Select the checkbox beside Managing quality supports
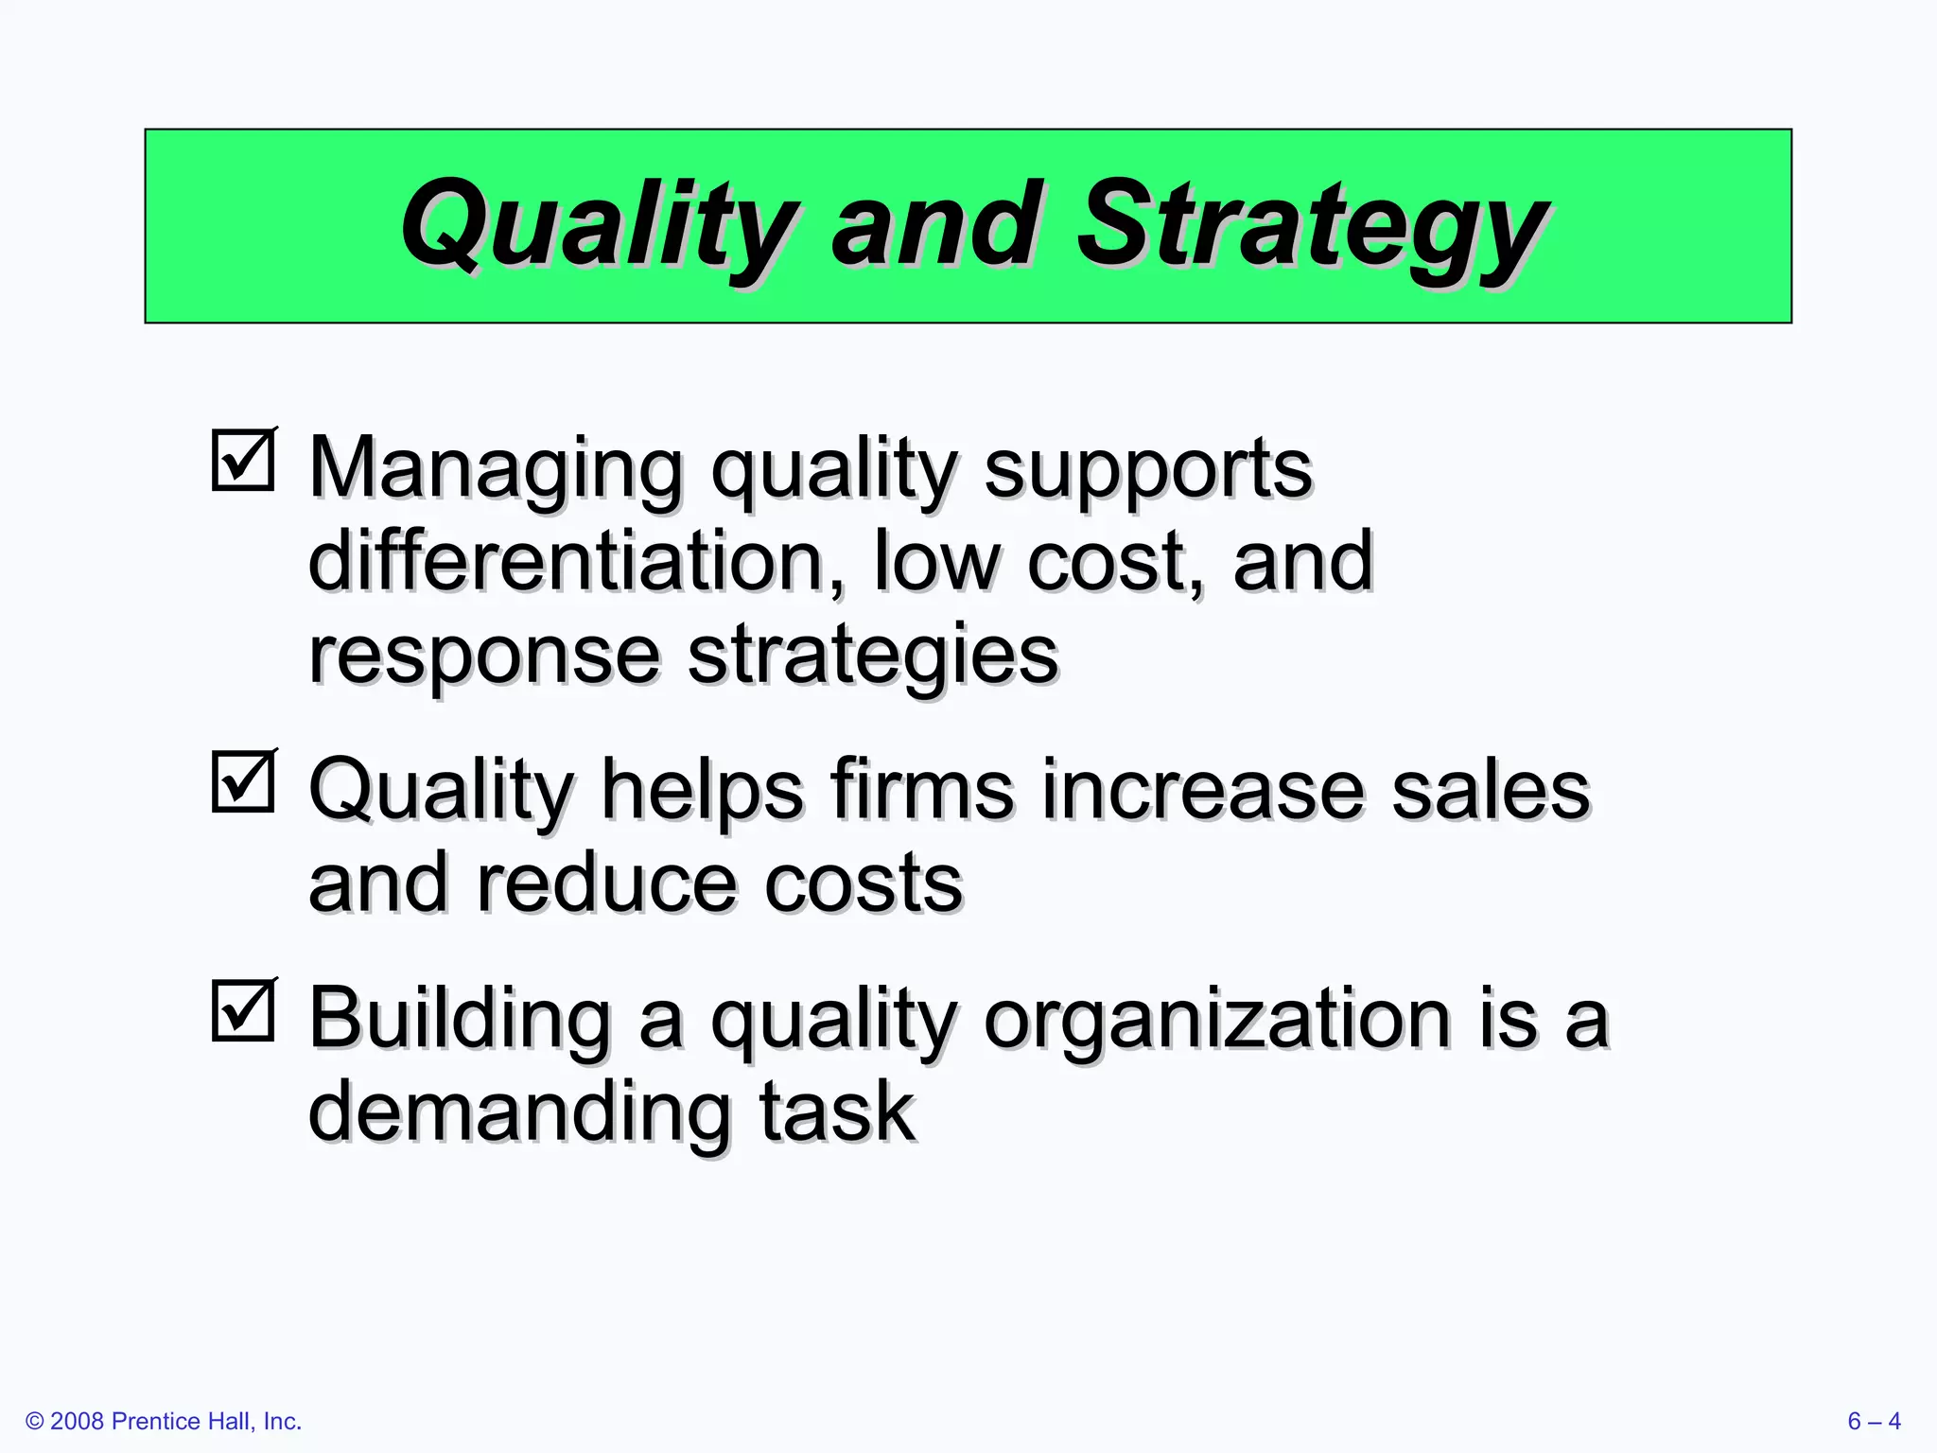(243, 461)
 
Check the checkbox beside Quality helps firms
(243, 782)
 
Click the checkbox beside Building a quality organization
(243, 1010)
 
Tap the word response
(483, 655)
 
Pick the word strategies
(871, 655)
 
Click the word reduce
(606, 883)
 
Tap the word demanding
(519, 1112)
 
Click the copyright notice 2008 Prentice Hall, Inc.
(164, 1421)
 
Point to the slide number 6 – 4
(1874, 1421)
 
